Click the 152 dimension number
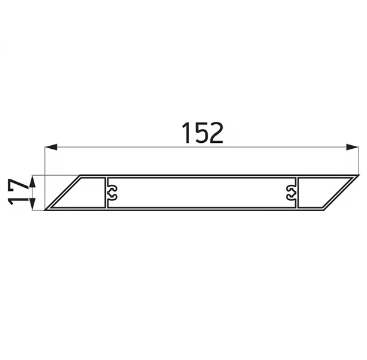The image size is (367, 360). point(202,133)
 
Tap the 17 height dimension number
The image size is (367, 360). point(18,191)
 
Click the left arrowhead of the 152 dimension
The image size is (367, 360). point(51,147)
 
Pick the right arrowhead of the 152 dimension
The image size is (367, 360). point(352,147)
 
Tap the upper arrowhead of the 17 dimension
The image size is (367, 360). point(32,182)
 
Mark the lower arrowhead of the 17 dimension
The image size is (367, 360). point(32,204)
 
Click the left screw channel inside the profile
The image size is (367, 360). point(112,193)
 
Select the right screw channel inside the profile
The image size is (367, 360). point(292,193)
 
